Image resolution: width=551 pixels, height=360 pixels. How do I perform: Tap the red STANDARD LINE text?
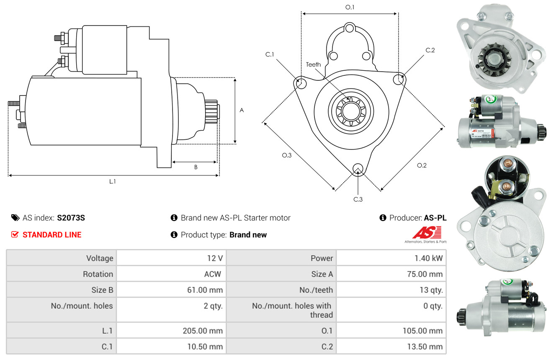tap(52, 235)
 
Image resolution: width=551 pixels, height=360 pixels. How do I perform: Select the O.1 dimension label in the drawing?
tap(350, 7)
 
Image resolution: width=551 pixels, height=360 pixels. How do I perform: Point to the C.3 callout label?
tap(358, 199)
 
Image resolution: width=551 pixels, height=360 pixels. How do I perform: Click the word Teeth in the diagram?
tap(313, 64)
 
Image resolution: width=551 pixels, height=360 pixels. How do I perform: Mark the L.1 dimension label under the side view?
tap(113, 181)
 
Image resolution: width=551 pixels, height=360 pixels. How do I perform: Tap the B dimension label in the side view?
tap(196, 167)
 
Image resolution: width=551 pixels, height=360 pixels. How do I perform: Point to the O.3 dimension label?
tap(286, 155)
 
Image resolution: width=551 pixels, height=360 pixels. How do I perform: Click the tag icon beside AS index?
tap(15, 218)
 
